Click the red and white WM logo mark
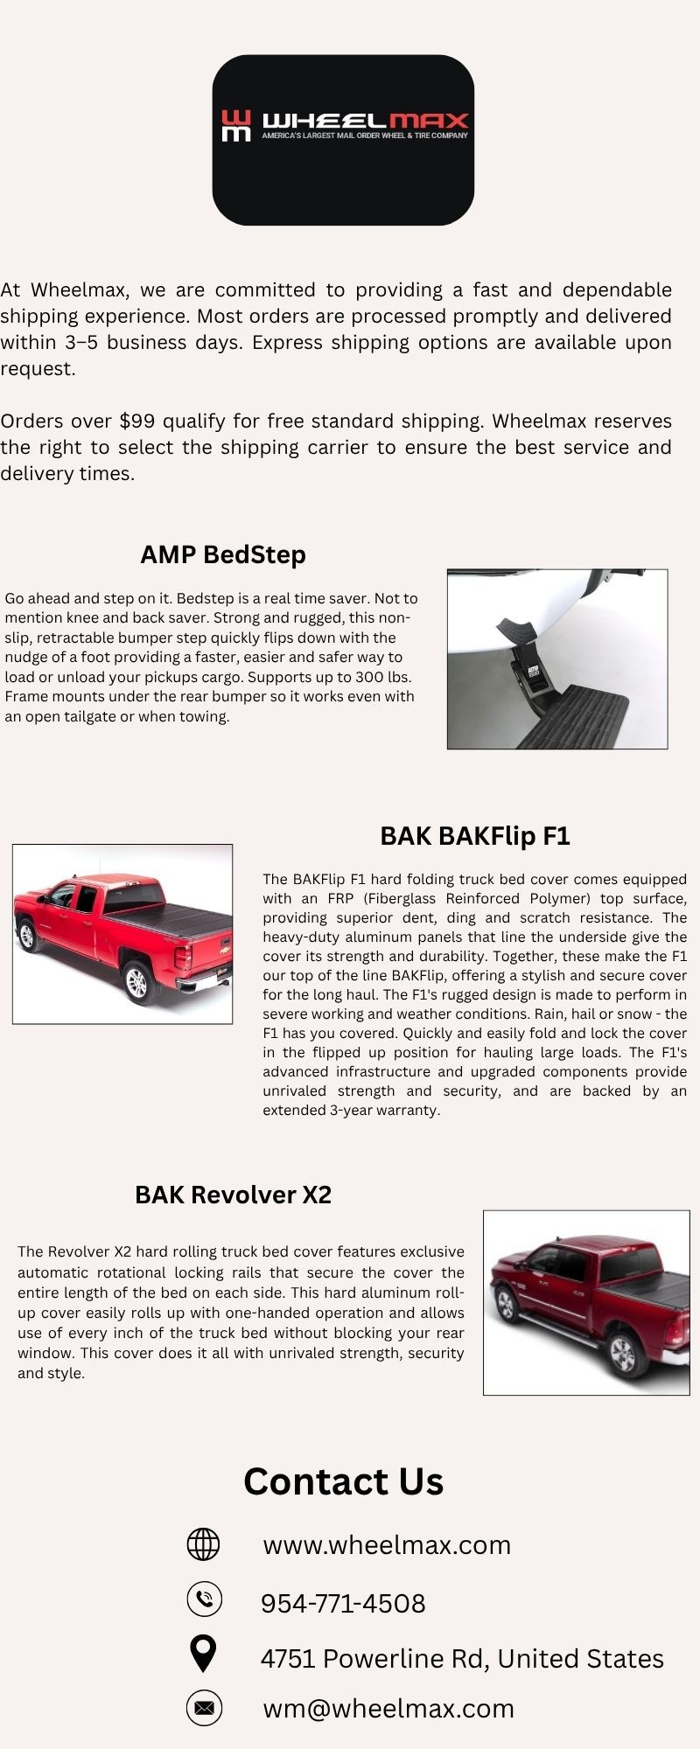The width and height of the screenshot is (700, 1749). [x=235, y=125]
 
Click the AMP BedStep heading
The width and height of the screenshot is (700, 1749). [x=223, y=554]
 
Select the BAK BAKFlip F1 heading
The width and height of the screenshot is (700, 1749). [x=475, y=836]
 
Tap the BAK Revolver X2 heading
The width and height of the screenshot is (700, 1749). [x=234, y=1195]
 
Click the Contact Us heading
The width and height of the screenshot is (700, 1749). [x=344, y=1481]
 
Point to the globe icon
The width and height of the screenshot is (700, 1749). [x=204, y=1544]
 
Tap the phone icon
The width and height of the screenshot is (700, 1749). [x=204, y=1599]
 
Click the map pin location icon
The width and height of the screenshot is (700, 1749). [x=204, y=1655]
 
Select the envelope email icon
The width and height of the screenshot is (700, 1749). [x=204, y=1708]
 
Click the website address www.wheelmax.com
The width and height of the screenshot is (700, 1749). [x=387, y=1545]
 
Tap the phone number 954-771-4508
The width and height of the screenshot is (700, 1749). [x=343, y=1603]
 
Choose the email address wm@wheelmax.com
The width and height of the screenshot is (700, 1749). [x=388, y=1708]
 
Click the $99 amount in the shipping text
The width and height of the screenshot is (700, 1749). [x=137, y=422]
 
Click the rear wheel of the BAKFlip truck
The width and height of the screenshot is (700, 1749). [x=136, y=982]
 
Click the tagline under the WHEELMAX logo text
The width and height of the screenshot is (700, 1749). [x=365, y=136]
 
